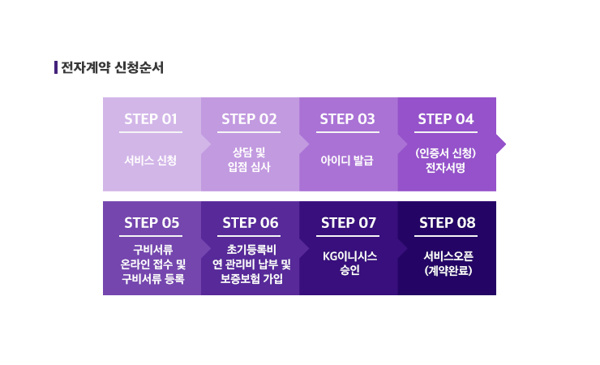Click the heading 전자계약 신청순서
click(x=112, y=67)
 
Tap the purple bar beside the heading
click(x=56, y=67)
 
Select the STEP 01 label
click(x=151, y=119)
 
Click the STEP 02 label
click(x=249, y=119)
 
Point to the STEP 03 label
click(x=348, y=119)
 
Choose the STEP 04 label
click(x=446, y=119)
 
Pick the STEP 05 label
click(x=152, y=223)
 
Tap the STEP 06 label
click(x=251, y=223)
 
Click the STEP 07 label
click(x=349, y=223)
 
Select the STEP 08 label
click(x=448, y=223)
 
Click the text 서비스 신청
click(x=150, y=160)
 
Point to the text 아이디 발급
click(x=347, y=160)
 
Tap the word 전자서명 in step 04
click(x=446, y=168)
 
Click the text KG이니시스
click(x=349, y=256)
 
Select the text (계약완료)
click(x=448, y=271)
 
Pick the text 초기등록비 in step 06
click(x=251, y=250)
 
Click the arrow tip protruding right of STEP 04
click(x=505, y=144)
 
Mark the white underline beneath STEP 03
click(x=348, y=132)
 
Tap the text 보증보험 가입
click(x=251, y=278)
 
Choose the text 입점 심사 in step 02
click(x=249, y=167)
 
